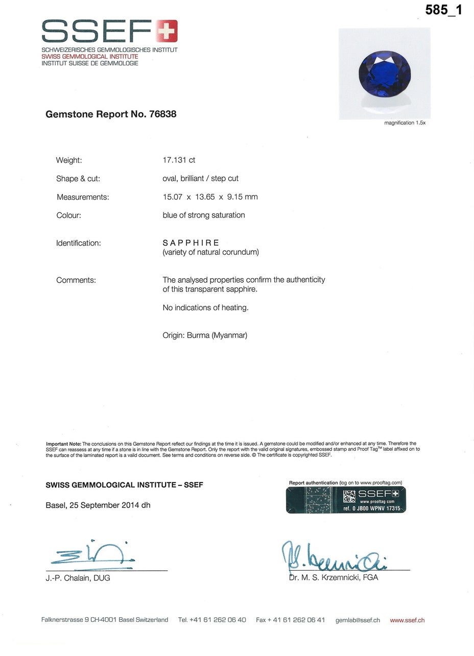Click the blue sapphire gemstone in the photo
point(385,72)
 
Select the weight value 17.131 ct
point(179,160)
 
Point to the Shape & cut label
point(78,179)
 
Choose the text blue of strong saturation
point(204,215)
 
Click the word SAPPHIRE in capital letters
point(191,243)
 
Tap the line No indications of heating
point(205,308)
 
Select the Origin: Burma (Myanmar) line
point(205,335)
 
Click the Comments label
point(76,280)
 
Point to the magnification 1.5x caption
point(405,123)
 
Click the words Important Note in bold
point(63,444)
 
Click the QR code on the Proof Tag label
point(349,496)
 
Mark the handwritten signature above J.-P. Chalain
point(92,555)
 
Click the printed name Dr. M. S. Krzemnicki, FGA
point(334,578)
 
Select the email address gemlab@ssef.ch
point(358,620)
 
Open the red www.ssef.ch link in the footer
point(407,620)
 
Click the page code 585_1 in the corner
point(443,10)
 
